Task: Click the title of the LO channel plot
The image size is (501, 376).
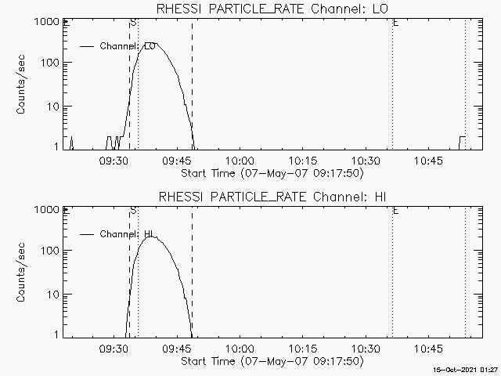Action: [x=273, y=9]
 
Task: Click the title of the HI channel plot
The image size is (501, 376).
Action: [x=273, y=196]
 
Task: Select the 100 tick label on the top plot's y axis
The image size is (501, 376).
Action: [x=50, y=63]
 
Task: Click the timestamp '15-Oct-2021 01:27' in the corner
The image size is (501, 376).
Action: [x=467, y=368]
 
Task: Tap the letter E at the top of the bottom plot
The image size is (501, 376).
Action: [x=396, y=211]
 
